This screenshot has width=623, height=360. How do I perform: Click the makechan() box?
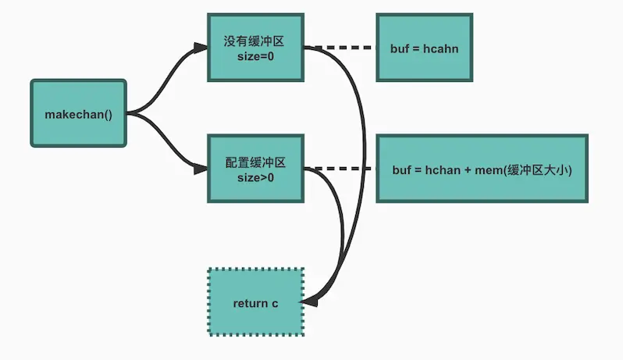click(x=78, y=112)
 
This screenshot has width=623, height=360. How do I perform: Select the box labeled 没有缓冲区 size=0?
click(x=255, y=46)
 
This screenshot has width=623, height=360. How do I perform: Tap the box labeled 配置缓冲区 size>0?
click(x=255, y=169)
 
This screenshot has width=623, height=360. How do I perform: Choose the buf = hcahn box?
click(x=424, y=47)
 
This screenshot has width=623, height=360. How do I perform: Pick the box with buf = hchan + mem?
click(x=481, y=169)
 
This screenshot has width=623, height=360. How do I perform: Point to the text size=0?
click(x=255, y=56)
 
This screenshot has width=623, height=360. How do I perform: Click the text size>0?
click(x=255, y=178)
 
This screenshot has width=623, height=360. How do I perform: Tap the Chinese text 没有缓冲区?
click(x=255, y=39)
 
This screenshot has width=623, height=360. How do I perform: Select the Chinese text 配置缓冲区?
click(x=255, y=162)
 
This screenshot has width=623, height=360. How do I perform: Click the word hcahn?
click(x=442, y=48)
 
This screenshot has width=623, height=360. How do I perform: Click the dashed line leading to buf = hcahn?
click(x=344, y=48)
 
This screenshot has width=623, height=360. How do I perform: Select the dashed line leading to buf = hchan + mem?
click(x=344, y=168)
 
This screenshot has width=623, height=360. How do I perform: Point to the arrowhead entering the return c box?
click(x=309, y=300)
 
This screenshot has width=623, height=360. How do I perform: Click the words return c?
click(x=255, y=302)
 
